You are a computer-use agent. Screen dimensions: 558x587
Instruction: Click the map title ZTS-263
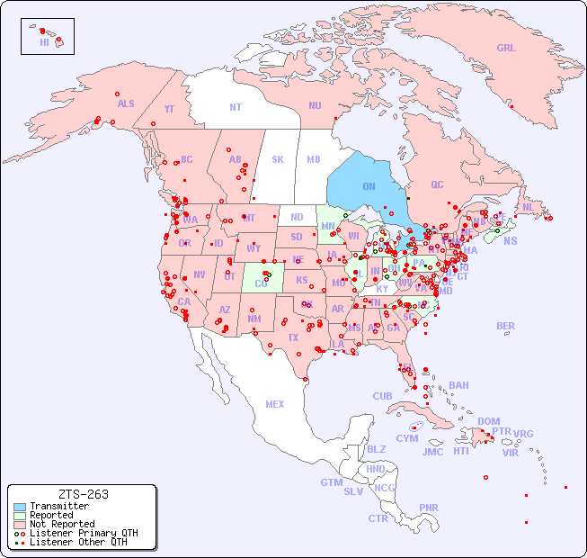click(x=83, y=494)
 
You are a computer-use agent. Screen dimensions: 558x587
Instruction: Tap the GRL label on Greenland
click(x=506, y=49)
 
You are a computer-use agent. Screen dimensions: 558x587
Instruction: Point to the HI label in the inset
click(x=44, y=42)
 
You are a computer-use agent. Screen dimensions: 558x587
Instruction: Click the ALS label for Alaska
click(x=126, y=103)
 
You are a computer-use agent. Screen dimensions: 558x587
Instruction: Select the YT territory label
click(x=169, y=109)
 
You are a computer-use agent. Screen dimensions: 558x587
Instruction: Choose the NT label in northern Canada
click(x=236, y=106)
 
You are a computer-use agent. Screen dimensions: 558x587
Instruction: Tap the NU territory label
click(x=315, y=105)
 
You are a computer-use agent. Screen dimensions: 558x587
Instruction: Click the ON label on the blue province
click(x=369, y=186)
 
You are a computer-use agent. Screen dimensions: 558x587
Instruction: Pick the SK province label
click(x=278, y=159)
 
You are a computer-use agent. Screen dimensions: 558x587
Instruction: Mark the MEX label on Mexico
click(x=275, y=404)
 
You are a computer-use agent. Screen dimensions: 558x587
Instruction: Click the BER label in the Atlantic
click(x=506, y=326)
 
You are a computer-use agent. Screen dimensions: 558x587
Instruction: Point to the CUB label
click(x=383, y=396)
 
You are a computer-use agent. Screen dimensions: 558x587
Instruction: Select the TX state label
click(x=292, y=337)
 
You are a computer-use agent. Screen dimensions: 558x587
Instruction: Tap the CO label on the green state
click(x=261, y=283)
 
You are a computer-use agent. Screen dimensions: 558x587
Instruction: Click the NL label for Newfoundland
click(x=529, y=206)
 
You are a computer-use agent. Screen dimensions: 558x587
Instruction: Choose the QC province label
click(x=437, y=184)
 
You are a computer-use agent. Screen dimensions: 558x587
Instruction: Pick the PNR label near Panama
click(x=429, y=508)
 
